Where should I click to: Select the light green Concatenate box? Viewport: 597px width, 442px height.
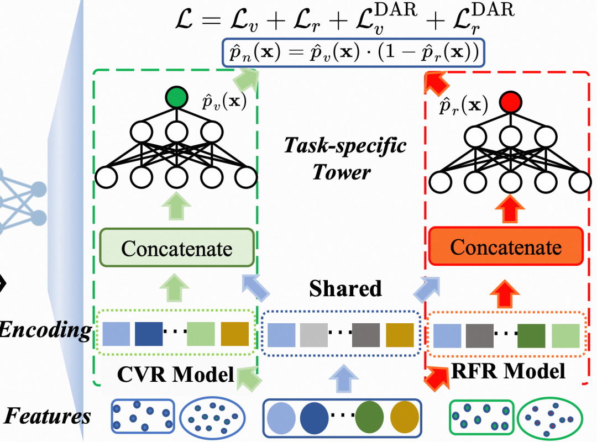point(176,248)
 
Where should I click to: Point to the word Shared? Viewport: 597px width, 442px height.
point(345,288)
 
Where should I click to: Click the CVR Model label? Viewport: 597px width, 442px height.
point(176,374)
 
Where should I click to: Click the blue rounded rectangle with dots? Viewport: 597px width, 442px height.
point(143,417)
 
